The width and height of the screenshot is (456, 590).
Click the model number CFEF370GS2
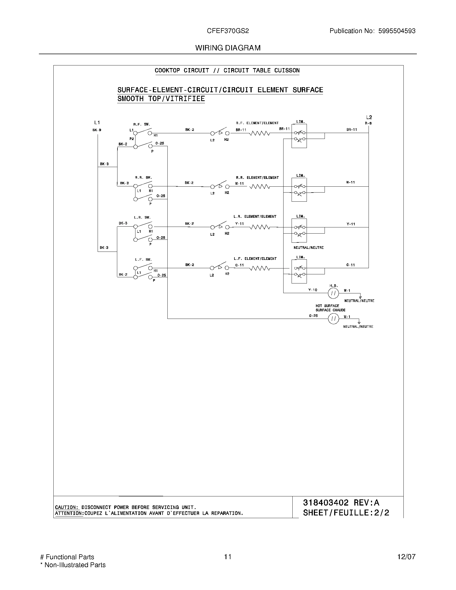[x=228, y=31]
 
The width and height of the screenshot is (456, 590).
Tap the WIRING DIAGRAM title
[x=228, y=48]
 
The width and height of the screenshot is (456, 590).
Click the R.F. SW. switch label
[x=142, y=124]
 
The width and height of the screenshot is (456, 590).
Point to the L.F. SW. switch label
[x=144, y=260]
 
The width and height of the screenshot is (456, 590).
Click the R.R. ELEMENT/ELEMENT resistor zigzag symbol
[x=259, y=187]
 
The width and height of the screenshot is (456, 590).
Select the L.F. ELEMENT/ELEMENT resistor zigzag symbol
[x=259, y=268]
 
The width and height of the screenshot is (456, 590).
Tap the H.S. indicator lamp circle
[x=333, y=293]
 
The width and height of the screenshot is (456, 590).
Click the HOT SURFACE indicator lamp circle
[x=333, y=319]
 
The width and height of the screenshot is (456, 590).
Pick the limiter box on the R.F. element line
[x=299, y=136]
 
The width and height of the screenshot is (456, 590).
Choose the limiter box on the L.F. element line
[x=299, y=271]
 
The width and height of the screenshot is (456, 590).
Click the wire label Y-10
[x=313, y=290]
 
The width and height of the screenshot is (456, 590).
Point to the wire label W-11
[x=350, y=182]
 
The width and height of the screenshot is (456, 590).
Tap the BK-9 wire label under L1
[x=97, y=130]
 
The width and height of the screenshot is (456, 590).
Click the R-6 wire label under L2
[x=368, y=123]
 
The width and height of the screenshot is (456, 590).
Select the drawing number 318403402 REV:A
[x=341, y=503]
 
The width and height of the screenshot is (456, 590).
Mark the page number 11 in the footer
[x=228, y=557]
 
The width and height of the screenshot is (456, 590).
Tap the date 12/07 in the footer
[x=406, y=557]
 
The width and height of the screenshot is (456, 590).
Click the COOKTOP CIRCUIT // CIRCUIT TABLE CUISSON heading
[x=227, y=71]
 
